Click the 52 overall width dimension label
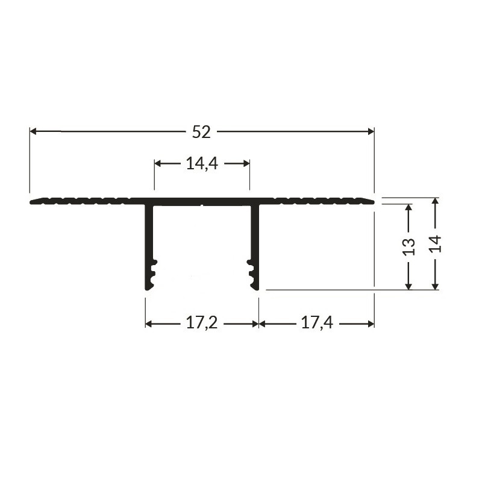(201, 132)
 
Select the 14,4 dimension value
(201, 163)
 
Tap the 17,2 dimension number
(201, 324)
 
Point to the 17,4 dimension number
(317, 324)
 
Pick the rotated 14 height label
(436, 243)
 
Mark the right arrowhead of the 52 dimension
(370, 131)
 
